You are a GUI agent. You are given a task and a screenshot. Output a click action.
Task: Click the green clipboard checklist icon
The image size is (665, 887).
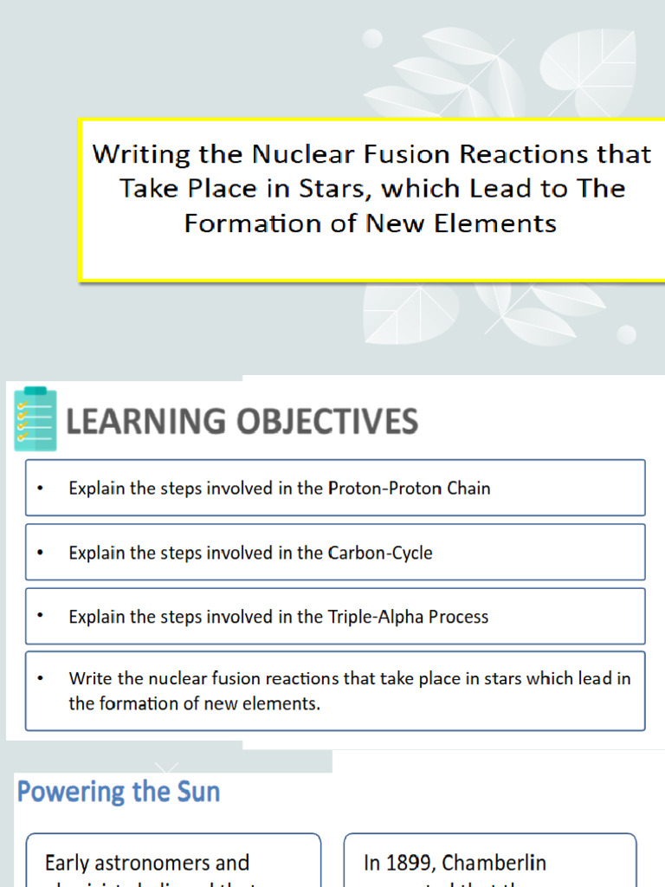click(x=36, y=419)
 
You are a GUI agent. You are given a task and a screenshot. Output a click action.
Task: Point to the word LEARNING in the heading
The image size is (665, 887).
click(x=144, y=422)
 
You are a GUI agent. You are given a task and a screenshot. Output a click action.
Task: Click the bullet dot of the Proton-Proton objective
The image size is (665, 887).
click(x=40, y=488)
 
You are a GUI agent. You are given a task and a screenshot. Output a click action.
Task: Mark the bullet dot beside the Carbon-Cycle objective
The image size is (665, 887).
click(x=40, y=552)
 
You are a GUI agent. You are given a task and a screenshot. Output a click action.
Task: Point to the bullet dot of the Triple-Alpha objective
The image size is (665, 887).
click(x=40, y=616)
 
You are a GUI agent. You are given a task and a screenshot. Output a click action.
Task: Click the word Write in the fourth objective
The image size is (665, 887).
click(x=90, y=678)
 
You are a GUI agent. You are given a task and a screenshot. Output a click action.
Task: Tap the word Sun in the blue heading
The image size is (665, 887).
click(x=200, y=791)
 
